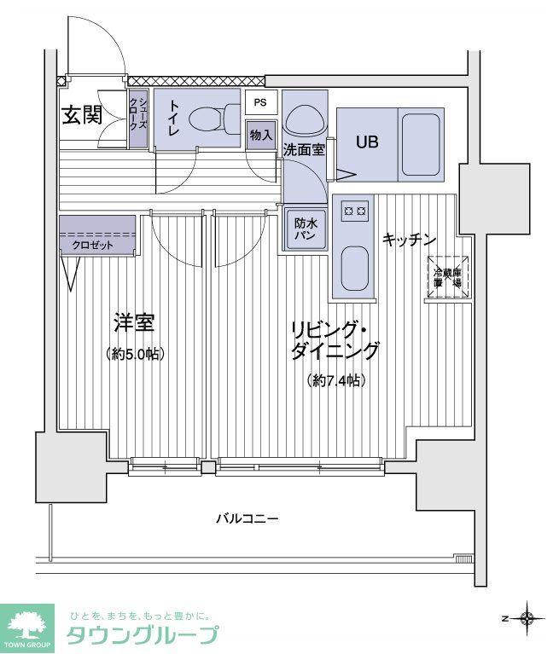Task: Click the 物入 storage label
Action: [x=261, y=134]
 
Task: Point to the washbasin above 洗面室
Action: [x=304, y=119]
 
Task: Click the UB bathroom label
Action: [x=367, y=142]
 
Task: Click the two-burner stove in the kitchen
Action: [x=353, y=209]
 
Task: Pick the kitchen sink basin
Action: [x=353, y=269]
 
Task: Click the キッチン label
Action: [x=409, y=240]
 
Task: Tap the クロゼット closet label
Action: [x=91, y=245]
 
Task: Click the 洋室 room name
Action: [x=134, y=323]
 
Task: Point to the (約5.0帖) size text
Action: [x=135, y=353]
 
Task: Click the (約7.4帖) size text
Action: [x=335, y=381]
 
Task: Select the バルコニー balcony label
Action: [x=247, y=518]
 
